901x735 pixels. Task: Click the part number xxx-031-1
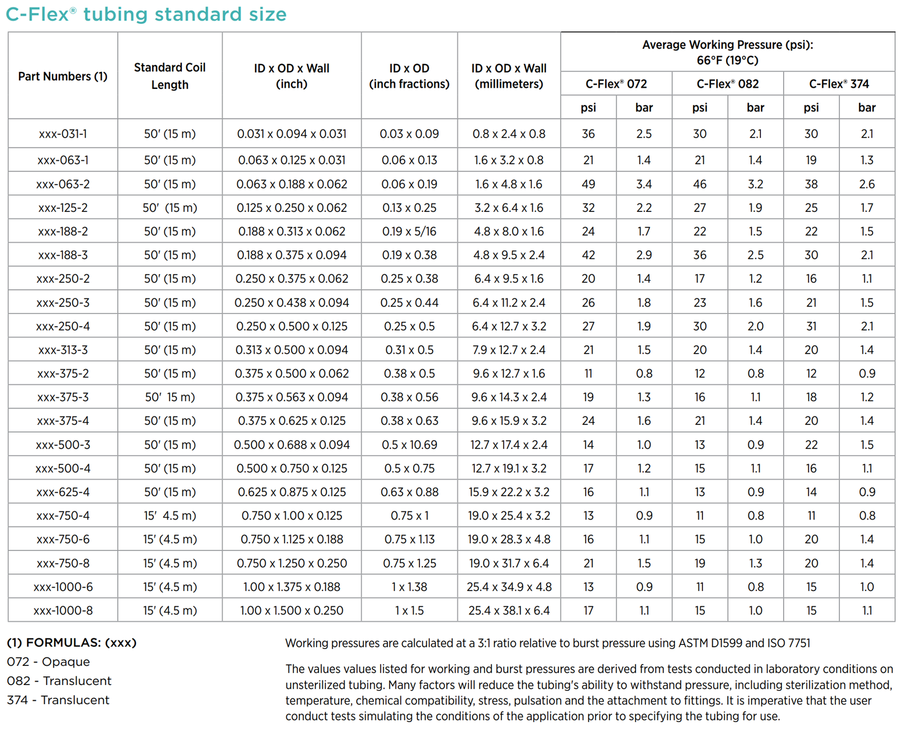[63, 134]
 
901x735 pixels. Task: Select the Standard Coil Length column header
[170, 75]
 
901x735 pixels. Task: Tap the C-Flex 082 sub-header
[727, 84]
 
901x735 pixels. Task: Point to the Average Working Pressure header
[727, 52]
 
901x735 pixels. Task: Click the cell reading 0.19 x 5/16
[409, 231]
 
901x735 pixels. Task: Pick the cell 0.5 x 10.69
[409, 445]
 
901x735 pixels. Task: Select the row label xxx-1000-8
[63, 610]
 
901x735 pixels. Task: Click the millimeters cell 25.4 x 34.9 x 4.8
[509, 587]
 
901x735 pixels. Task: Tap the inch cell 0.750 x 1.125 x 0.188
[292, 539]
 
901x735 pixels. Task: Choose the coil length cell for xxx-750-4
[170, 516]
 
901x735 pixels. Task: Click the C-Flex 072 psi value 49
[588, 184]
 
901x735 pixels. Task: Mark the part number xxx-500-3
[63, 445]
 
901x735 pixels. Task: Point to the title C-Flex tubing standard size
[146, 14]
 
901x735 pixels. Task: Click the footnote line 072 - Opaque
[48, 661]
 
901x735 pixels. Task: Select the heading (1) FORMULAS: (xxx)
[71, 642]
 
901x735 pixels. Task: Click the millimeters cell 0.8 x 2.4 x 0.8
[509, 134]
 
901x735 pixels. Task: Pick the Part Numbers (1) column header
[63, 76]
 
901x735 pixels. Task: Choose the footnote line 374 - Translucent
[58, 700]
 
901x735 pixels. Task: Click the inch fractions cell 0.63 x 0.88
[409, 492]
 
